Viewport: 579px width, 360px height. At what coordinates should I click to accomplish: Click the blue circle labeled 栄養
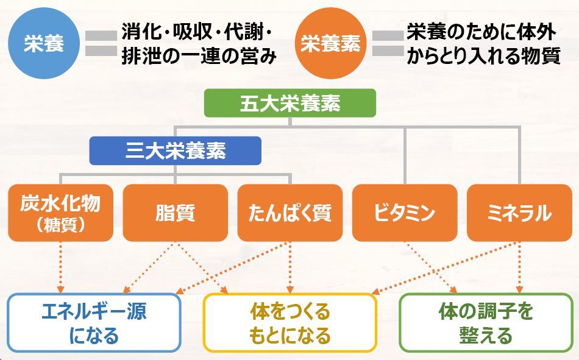[x=44, y=43]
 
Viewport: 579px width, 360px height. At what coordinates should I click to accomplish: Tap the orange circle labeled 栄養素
[x=330, y=43]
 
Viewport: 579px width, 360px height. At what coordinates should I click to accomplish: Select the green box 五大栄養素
[x=290, y=103]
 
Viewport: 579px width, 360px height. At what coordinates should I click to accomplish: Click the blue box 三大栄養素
[x=176, y=150]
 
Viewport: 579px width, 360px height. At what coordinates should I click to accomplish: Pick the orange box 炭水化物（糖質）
[x=60, y=213]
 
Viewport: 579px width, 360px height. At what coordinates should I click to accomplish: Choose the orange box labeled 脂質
[x=176, y=213]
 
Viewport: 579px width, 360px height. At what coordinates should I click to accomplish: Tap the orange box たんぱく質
[x=290, y=213]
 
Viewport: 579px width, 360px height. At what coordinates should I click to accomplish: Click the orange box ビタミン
[x=405, y=213]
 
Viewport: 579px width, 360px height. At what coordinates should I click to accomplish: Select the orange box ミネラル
[x=519, y=213]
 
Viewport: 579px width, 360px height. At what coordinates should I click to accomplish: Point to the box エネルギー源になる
[x=94, y=323]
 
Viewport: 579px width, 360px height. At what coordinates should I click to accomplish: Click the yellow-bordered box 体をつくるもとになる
[x=290, y=323]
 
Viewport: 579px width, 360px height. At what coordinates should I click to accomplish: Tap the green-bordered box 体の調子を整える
[x=486, y=323]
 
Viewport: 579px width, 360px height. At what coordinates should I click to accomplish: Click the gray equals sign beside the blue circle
[x=101, y=44]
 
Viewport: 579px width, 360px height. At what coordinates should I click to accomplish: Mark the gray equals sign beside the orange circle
[x=388, y=44]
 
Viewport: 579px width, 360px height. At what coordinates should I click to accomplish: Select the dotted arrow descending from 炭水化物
[x=60, y=267]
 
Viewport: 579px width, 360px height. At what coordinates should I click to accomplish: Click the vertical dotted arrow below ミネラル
[x=519, y=267]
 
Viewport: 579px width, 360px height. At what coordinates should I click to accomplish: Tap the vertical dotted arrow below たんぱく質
[x=290, y=267]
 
